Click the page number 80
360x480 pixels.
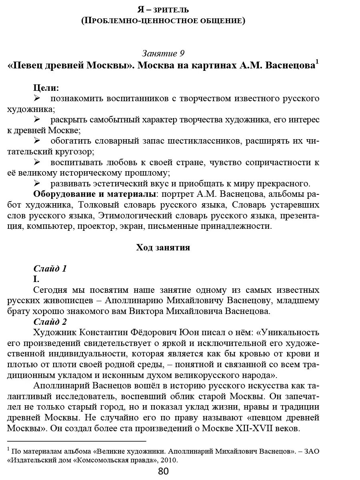coord(163,471)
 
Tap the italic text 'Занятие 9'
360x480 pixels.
coord(163,53)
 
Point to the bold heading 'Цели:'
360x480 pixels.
coord(46,88)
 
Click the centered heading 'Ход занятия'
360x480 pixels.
coord(163,248)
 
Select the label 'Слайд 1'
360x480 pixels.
coord(50,268)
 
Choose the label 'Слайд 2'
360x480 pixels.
coord(50,322)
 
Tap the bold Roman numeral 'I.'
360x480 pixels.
coord(36,279)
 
